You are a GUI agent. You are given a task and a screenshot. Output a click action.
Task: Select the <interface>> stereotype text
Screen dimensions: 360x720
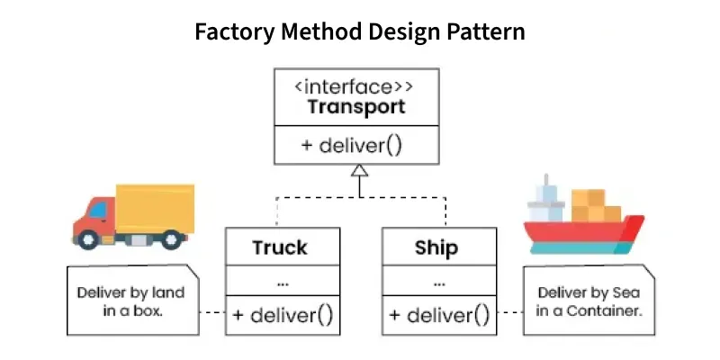(x=357, y=88)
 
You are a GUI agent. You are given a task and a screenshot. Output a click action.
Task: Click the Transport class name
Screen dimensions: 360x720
(x=357, y=108)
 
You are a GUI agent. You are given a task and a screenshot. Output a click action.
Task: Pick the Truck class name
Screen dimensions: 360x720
(x=279, y=247)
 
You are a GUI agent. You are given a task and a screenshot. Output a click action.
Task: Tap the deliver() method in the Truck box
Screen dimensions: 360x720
(x=283, y=315)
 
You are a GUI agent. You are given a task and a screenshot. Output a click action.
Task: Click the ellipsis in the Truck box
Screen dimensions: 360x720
(x=283, y=282)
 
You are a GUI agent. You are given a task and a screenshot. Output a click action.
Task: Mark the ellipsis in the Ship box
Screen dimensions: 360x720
(x=439, y=282)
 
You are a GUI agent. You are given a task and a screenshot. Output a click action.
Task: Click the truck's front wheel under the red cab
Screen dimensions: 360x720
(x=88, y=239)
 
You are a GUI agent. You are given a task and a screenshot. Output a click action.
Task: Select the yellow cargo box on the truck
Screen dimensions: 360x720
(x=155, y=209)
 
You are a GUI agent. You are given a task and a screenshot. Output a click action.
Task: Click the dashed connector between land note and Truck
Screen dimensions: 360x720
(x=211, y=313)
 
